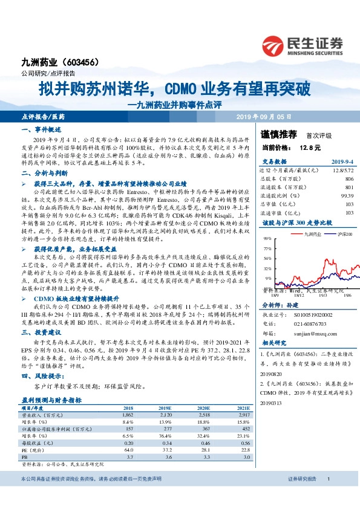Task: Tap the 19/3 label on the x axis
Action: click(322, 296)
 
